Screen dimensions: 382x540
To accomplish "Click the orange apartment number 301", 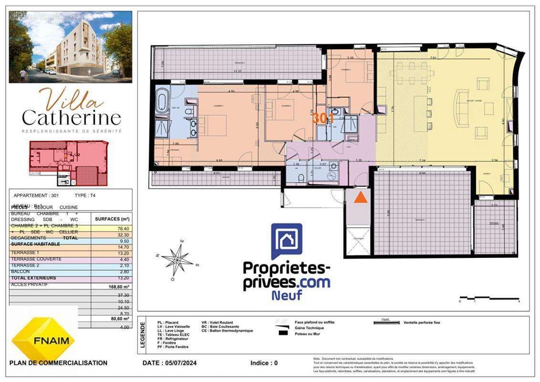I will (323, 118).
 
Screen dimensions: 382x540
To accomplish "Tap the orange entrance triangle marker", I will (360, 197).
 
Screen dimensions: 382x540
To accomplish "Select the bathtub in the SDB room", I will (162, 101).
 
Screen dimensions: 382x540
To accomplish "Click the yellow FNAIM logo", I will (43, 340).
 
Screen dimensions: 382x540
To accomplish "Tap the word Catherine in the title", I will (71, 117).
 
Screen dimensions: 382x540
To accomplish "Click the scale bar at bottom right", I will (489, 299).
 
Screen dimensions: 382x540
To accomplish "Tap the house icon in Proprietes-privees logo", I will (286, 242).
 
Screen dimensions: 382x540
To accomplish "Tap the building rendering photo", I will (71, 46).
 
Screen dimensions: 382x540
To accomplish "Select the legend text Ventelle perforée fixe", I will (422, 323).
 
